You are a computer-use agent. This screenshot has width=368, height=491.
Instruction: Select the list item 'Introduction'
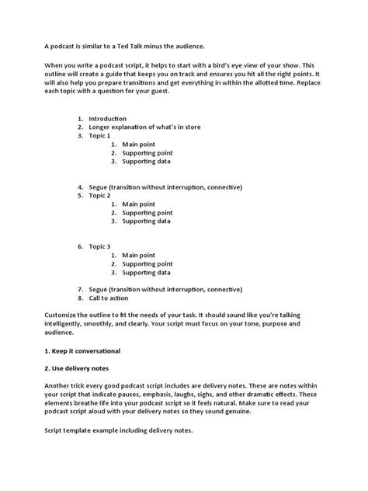pos(108,119)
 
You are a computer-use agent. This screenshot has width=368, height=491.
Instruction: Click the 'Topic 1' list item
pos(101,136)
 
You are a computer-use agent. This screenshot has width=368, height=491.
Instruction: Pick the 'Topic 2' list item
pos(101,196)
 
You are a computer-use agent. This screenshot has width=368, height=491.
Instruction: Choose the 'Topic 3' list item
pos(101,246)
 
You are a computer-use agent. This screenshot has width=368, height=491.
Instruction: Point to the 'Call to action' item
pos(110,297)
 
